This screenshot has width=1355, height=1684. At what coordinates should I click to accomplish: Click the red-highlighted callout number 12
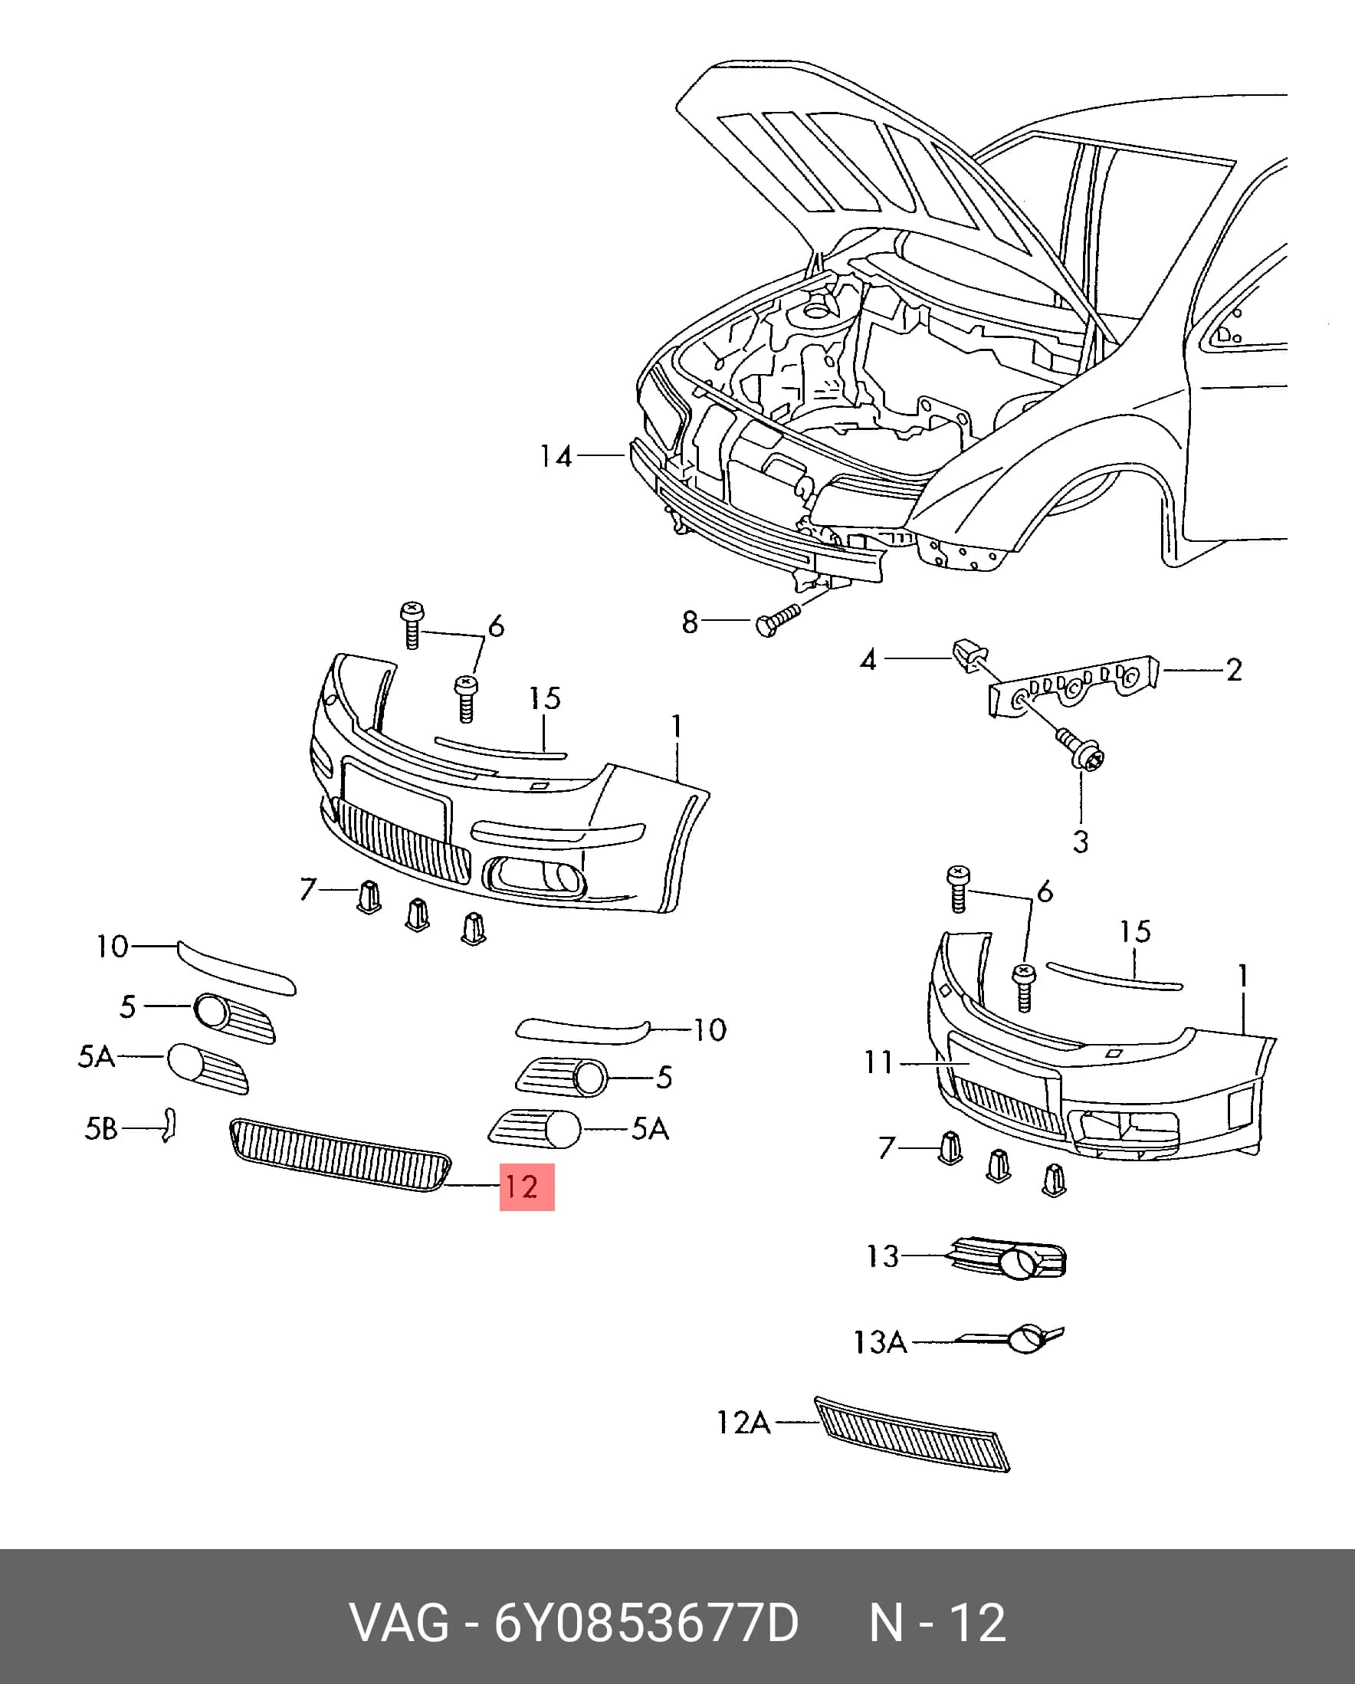pyautogui.click(x=522, y=1187)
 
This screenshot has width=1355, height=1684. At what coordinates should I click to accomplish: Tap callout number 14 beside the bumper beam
pyautogui.click(x=556, y=455)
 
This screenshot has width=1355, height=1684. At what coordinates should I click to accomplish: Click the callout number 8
pyautogui.click(x=690, y=622)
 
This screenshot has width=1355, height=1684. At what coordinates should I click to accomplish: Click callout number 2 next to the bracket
pyautogui.click(x=1233, y=669)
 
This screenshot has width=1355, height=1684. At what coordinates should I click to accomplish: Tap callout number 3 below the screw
pyautogui.click(x=1080, y=842)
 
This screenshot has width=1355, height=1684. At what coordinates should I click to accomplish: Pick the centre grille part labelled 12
pyautogui.click(x=340, y=1154)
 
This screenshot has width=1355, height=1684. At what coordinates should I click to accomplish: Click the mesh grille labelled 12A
pyautogui.click(x=912, y=1434)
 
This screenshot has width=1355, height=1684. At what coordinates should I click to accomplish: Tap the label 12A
pyautogui.click(x=743, y=1423)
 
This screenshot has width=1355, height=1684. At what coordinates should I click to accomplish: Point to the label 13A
pyautogui.click(x=880, y=1342)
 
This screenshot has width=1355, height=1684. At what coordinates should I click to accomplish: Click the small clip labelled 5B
pyautogui.click(x=169, y=1124)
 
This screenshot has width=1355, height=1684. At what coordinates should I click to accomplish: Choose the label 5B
pyautogui.click(x=100, y=1128)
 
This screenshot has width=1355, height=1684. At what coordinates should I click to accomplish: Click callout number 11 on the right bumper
pyautogui.click(x=878, y=1062)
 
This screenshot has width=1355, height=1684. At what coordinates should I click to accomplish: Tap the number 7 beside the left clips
pyautogui.click(x=307, y=889)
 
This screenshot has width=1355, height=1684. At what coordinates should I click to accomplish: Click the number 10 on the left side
pyautogui.click(x=113, y=947)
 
